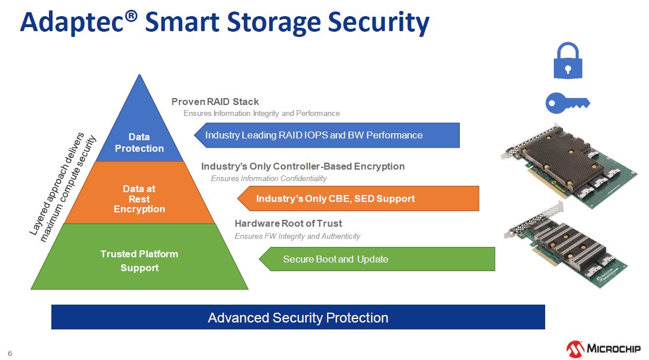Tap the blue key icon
click(x=568, y=103)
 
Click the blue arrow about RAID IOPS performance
click(x=327, y=136)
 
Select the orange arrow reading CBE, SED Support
click(x=358, y=198)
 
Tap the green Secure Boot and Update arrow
click(x=377, y=259)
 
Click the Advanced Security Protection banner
click(x=298, y=317)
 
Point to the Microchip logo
click(x=603, y=349)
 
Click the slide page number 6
click(x=10, y=354)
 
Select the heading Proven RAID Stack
click(x=215, y=102)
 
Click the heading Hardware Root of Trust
click(x=288, y=223)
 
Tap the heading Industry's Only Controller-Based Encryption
click(x=303, y=166)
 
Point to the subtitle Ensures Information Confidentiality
click(x=269, y=178)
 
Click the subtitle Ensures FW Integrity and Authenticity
click(x=297, y=237)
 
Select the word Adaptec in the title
click(x=73, y=22)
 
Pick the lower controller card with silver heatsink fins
click(x=566, y=246)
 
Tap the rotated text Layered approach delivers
click(x=57, y=184)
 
